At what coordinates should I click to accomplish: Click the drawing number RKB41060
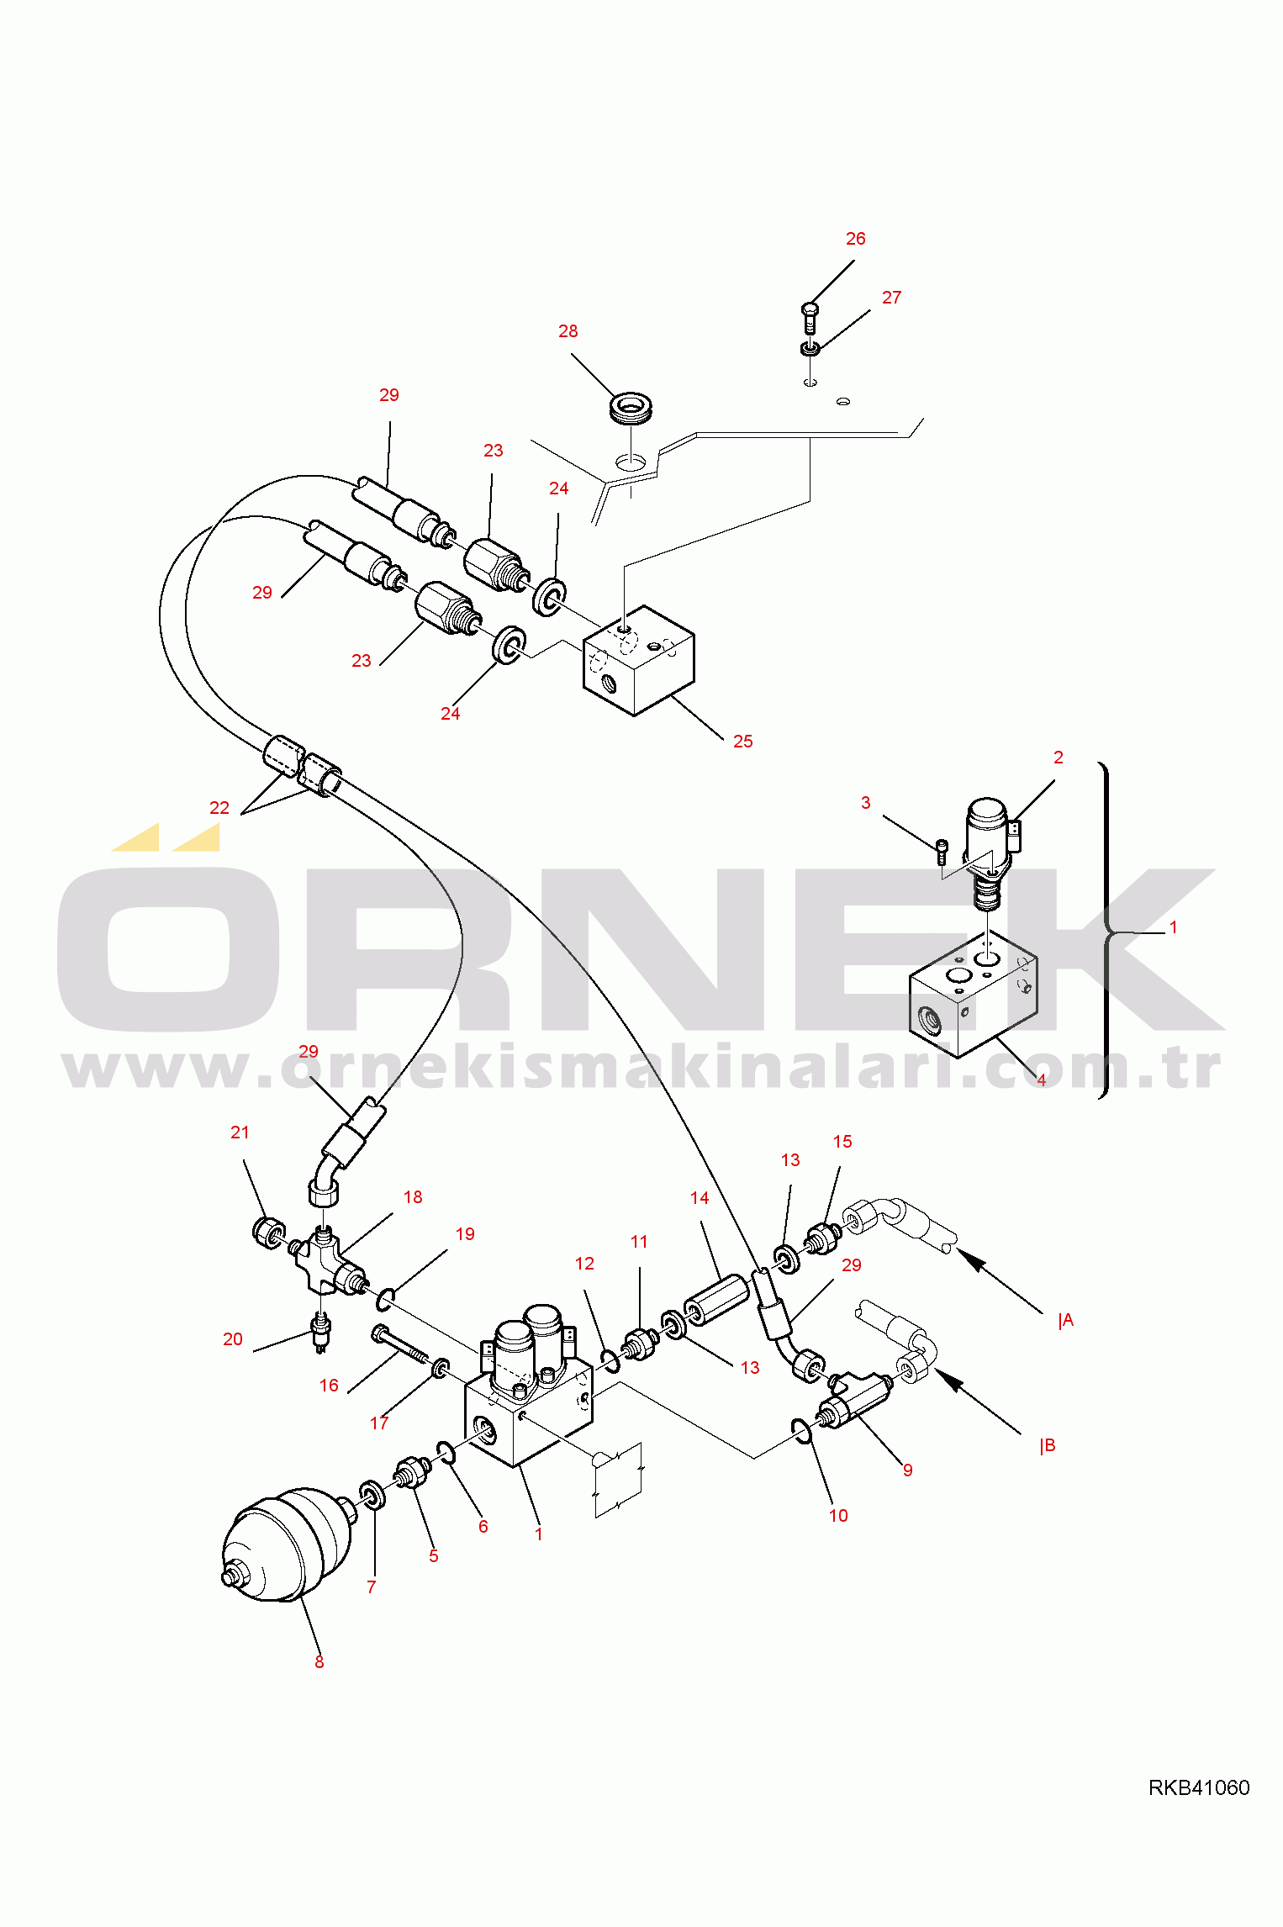click(1199, 1787)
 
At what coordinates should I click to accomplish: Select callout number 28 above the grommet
click(568, 331)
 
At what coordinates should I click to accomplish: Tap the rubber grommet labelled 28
click(631, 407)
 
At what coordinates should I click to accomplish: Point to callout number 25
click(743, 742)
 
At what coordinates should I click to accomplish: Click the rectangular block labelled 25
click(639, 661)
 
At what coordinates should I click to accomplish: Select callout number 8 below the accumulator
click(319, 1662)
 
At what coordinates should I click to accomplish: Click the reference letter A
click(1068, 1321)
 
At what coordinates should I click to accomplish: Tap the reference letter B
click(1048, 1446)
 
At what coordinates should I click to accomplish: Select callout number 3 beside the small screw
click(866, 803)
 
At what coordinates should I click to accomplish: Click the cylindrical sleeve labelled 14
click(716, 1299)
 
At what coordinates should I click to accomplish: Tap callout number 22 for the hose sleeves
click(219, 808)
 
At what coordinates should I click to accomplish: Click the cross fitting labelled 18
click(324, 1261)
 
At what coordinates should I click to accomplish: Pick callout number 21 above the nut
click(240, 1133)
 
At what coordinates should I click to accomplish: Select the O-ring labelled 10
click(802, 1431)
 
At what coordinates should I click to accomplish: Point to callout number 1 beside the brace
click(1174, 927)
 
